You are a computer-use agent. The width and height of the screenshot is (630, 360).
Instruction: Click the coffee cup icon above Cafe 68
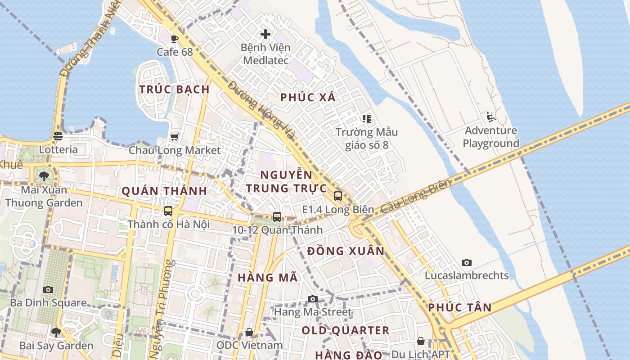click(x=175, y=39)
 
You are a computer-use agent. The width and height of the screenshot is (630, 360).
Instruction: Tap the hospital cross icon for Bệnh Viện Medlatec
click(x=265, y=34)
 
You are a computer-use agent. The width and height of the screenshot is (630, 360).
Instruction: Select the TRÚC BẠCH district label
click(x=175, y=89)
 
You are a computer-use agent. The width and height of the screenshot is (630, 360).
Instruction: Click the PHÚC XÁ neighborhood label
click(x=308, y=97)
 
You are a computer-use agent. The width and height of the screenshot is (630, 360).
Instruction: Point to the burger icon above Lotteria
click(x=58, y=136)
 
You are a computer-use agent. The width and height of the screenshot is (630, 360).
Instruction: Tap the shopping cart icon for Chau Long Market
click(x=175, y=137)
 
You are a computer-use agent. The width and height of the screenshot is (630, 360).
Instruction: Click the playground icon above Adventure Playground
click(x=491, y=117)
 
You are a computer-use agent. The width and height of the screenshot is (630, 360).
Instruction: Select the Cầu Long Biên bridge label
click(x=415, y=197)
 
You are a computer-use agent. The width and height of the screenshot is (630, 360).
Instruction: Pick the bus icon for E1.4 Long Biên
click(x=338, y=196)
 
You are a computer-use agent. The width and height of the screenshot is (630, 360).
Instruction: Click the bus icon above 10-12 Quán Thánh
click(x=277, y=216)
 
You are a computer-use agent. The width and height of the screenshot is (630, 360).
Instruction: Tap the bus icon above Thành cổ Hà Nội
click(x=168, y=211)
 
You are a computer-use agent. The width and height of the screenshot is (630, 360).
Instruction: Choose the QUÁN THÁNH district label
click(x=164, y=191)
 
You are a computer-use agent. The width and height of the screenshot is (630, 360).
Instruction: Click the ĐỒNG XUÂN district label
click(x=346, y=251)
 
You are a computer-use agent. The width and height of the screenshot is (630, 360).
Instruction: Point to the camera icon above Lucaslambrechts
click(x=467, y=262)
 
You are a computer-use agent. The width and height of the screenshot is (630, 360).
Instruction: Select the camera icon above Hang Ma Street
click(x=312, y=299)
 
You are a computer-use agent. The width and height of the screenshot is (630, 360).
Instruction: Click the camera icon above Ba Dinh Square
click(x=48, y=289)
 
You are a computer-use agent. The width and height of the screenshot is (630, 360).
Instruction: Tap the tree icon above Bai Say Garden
click(x=56, y=333)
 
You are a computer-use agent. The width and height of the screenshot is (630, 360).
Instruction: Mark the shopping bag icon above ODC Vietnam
click(x=249, y=332)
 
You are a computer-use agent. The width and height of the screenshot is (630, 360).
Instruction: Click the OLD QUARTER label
click(x=345, y=330)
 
